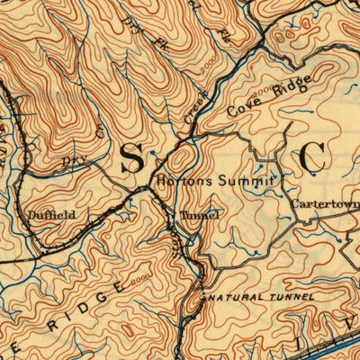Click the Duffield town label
pyautogui.click(x=50, y=215)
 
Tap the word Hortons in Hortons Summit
pyautogui.click(x=184, y=180)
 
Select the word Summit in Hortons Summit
pyautogui.click(x=241, y=180)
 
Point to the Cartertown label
pyautogui.click(x=325, y=204)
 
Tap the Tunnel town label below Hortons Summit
pyautogui.click(x=199, y=216)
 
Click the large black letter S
pyautogui.click(x=131, y=158)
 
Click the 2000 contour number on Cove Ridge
pyautogui.click(x=264, y=91)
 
